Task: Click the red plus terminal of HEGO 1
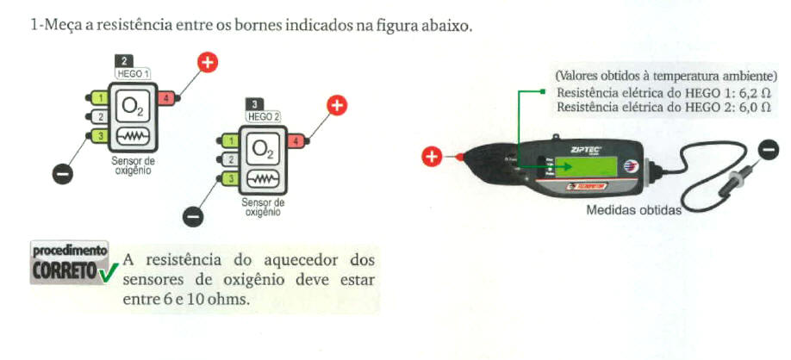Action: (x=208, y=62)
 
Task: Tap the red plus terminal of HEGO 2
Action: (x=337, y=105)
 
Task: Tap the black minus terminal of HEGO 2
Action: (x=195, y=215)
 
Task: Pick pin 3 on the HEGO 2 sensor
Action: (x=229, y=178)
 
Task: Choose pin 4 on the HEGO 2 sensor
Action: (x=296, y=140)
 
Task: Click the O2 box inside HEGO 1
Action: (x=132, y=106)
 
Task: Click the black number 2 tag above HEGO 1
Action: (x=125, y=61)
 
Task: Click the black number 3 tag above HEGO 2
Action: (x=256, y=104)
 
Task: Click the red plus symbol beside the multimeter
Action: (x=432, y=157)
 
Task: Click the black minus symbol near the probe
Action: (x=768, y=151)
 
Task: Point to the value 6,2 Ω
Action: (x=745, y=93)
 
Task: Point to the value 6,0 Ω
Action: (x=745, y=108)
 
